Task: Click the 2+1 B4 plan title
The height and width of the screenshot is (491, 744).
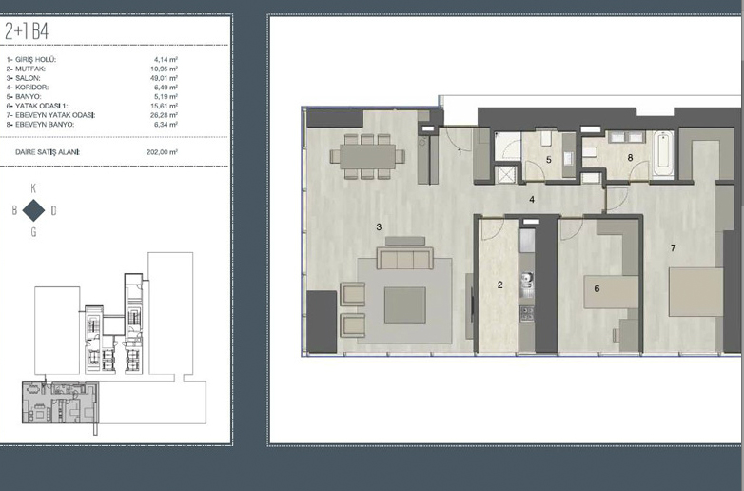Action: (27, 31)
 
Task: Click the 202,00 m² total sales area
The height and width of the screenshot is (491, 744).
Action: (162, 152)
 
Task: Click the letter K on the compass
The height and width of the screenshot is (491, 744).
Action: (33, 188)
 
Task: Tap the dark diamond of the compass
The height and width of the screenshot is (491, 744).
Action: (33, 210)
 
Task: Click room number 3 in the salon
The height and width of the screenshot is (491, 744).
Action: (379, 227)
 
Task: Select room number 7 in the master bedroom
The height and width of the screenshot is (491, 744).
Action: (673, 247)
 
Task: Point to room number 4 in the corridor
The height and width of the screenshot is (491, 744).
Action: (532, 200)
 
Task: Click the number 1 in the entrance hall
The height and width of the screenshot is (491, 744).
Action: (460, 152)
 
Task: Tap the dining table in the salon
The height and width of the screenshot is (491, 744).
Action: (368, 157)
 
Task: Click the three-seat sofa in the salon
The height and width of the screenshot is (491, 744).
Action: (404, 258)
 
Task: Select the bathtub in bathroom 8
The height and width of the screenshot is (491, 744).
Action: (662, 154)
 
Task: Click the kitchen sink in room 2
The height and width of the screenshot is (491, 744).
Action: (527, 282)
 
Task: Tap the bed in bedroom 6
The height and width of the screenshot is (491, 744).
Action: (611, 292)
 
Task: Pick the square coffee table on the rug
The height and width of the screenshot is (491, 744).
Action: (404, 305)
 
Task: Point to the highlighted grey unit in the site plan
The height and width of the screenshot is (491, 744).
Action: (60, 402)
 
